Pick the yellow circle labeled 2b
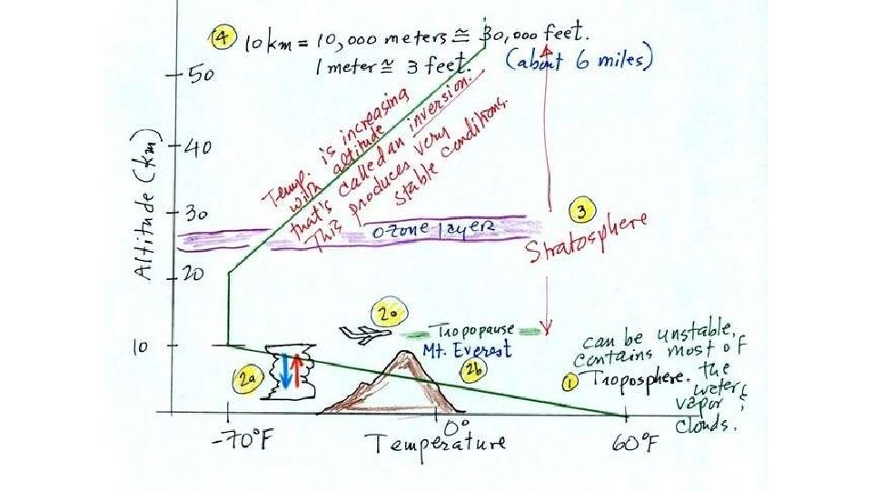tap(474, 367)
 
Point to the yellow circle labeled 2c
tap(391, 316)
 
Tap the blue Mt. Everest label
tap(467, 348)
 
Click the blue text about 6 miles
tap(579, 61)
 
